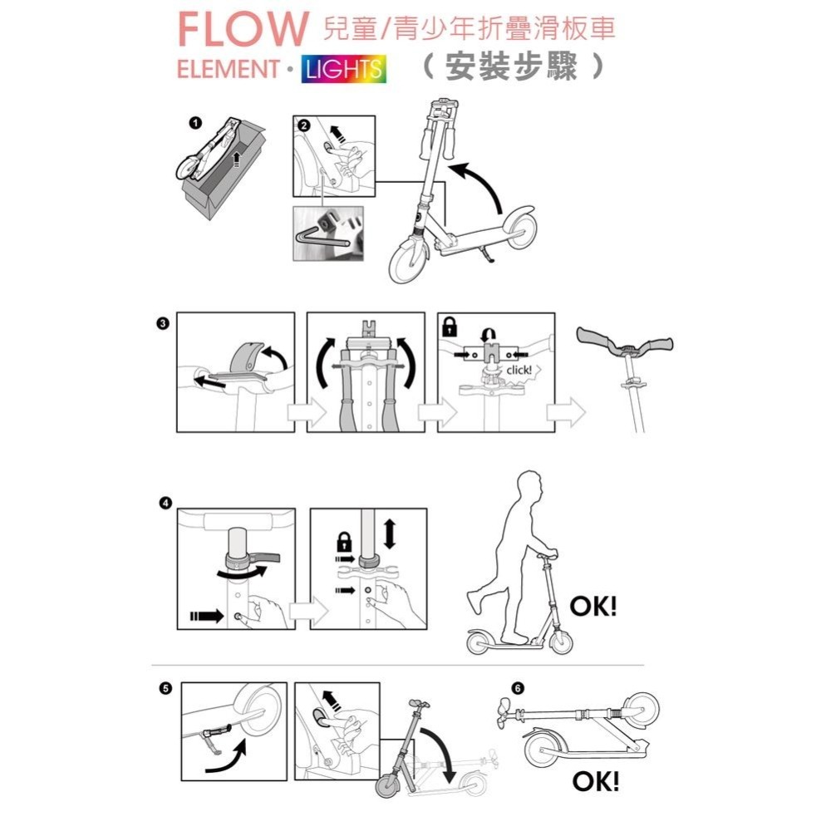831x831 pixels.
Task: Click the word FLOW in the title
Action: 242,30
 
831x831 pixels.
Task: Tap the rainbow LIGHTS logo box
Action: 343,69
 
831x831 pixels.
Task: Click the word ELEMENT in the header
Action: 227,69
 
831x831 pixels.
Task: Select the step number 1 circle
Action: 194,123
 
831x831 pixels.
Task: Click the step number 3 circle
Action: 164,323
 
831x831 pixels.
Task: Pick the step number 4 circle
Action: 165,504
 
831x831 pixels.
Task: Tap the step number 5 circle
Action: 165,689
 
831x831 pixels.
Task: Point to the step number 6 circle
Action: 519,689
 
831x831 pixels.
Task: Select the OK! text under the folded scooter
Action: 596,781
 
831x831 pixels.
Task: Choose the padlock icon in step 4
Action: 342,543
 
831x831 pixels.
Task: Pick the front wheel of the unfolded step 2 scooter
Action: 411,259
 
